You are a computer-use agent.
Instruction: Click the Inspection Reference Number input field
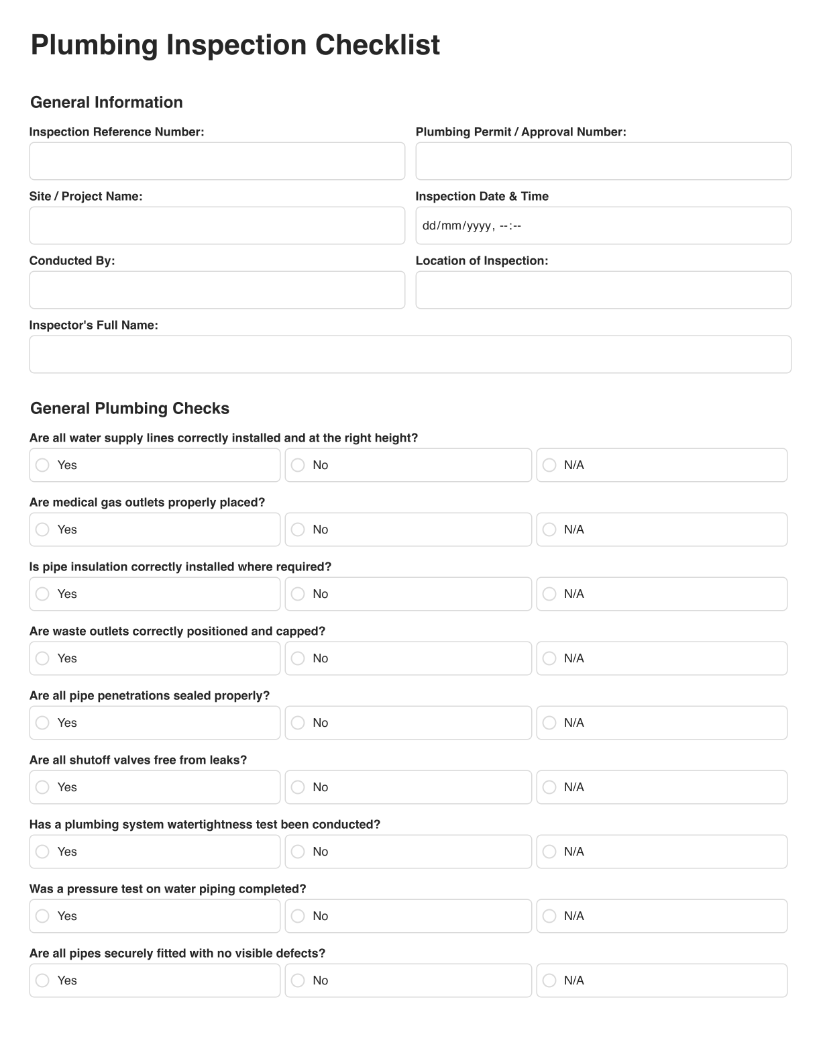pos(217,161)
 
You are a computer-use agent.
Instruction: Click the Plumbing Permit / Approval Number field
pos(603,161)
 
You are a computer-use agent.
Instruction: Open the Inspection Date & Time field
pos(603,225)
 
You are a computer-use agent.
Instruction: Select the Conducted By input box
pos(217,290)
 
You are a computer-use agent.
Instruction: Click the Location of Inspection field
pos(603,290)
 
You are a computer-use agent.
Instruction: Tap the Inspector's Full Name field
pos(410,354)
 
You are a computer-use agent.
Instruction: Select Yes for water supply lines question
pos(42,465)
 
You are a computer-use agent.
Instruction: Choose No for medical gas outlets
pos(298,529)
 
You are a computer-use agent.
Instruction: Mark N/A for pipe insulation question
pos(549,594)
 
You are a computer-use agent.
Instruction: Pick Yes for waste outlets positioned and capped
pos(42,658)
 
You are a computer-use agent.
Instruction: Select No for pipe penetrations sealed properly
pos(298,723)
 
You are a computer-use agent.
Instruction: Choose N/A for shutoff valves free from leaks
pos(549,787)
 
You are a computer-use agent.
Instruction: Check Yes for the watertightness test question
pos(42,852)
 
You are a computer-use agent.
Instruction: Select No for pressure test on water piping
pos(298,916)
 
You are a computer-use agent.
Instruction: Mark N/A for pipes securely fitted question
pos(549,980)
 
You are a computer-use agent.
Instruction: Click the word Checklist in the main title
pos(378,45)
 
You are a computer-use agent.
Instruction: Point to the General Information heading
pos(107,102)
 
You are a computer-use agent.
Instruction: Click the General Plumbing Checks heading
pos(129,408)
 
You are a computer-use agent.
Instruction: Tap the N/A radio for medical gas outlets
pos(549,529)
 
